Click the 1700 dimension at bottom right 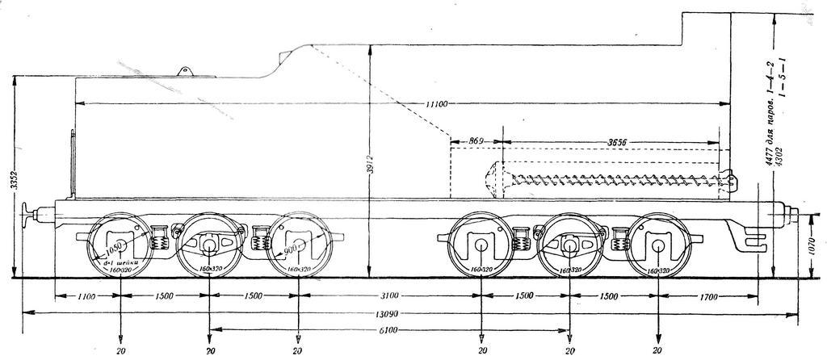tap(707, 297)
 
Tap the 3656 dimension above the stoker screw tap(619, 142)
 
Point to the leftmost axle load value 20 tap(120, 352)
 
